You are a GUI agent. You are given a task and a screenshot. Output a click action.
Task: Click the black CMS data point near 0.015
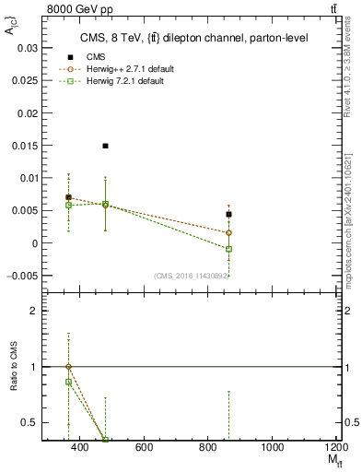[106, 146]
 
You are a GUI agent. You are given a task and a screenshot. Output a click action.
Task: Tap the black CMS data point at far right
[228, 214]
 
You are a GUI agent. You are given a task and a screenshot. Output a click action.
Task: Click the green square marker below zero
[228, 249]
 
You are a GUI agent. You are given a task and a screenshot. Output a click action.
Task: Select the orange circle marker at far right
[228, 233]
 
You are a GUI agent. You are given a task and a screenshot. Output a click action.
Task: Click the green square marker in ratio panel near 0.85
[68, 382]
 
